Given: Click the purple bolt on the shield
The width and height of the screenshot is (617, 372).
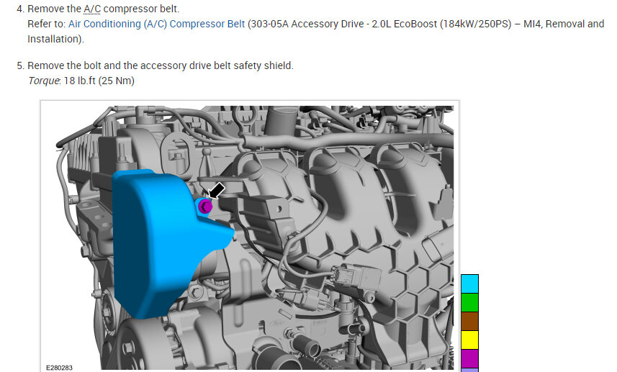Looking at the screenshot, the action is [x=204, y=206].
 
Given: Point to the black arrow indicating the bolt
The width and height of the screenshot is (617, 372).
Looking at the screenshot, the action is [x=216, y=191].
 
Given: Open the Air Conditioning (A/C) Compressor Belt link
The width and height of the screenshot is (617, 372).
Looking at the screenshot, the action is [x=157, y=24].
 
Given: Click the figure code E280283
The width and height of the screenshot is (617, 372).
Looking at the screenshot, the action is [x=60, y=368].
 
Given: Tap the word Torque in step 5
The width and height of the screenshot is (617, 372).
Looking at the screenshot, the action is [x=44, y=81].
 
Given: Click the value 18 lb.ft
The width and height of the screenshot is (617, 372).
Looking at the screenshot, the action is [x=79, y=81].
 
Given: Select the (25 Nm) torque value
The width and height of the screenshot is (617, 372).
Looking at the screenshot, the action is [x=117, y=81].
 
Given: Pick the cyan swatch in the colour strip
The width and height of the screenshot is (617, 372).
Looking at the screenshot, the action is [x=469, y=284].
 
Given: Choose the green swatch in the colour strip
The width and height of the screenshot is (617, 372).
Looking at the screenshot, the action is [x=469, y=302].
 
